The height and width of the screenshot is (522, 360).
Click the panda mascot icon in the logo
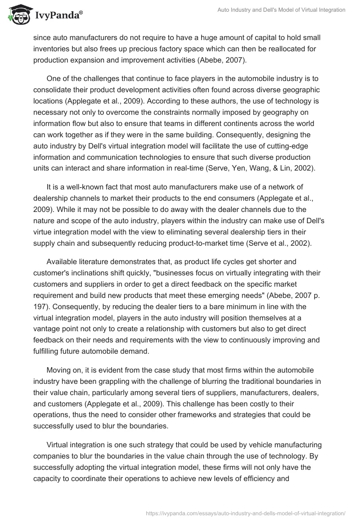tap(17, 15)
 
